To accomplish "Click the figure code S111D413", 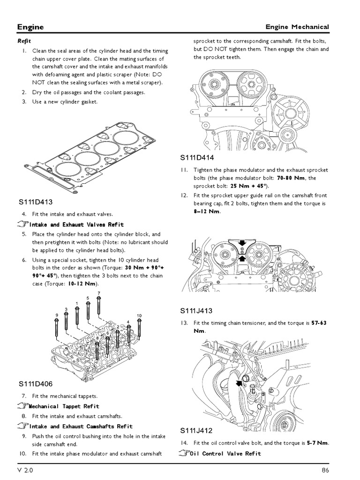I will coord(36,202).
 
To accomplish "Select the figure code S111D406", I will coord(36,384).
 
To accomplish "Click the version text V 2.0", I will coord(25,470).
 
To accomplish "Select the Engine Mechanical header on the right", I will coord(297,27).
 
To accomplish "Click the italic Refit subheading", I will coord(24,41).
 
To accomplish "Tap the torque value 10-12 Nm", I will coord(82,284).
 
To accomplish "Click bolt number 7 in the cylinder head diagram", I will coord(99,293).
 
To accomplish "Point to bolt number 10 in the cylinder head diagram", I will coord(139,315).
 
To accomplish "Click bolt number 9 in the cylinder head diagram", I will coord(56,315).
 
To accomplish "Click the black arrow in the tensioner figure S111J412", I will coord(240,382).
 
